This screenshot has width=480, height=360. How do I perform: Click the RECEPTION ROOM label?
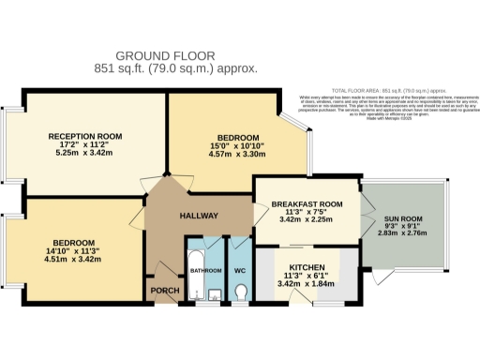[86, 137]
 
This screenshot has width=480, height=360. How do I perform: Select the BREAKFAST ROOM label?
[305, 204]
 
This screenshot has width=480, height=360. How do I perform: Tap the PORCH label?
[165, 290]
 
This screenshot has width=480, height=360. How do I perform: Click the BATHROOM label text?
[204, 271]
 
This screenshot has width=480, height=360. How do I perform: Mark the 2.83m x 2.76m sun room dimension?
[400, 235]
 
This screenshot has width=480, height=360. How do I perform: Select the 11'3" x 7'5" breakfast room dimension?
[305, 213]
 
